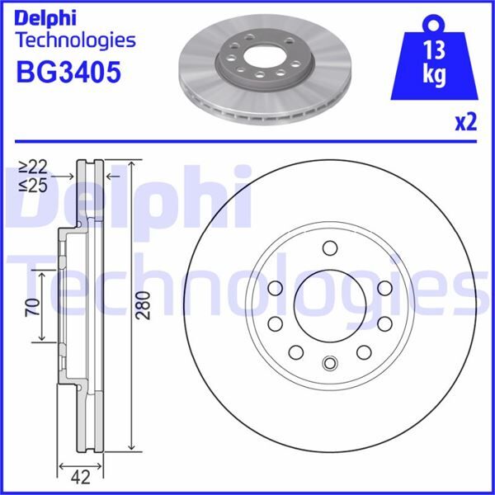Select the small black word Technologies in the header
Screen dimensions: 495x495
(x=76, y=40)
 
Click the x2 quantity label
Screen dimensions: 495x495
(x=466, y=123)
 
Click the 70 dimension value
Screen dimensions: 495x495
(x=31, y=309)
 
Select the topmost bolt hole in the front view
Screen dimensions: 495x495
(x=329, y=248)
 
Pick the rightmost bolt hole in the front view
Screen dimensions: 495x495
(x=384, y=322)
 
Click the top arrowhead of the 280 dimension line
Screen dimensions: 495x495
(x=131, y=163)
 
